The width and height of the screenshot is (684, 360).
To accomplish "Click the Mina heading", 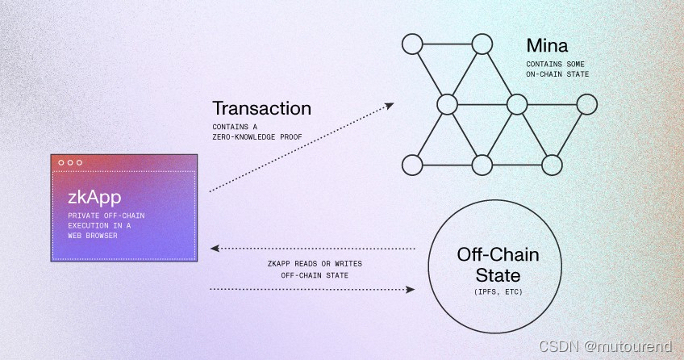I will (x=550, y=44).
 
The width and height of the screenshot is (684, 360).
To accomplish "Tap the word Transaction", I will (x=261, y=108).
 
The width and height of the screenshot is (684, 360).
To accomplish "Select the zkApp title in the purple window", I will (x=90, y=198).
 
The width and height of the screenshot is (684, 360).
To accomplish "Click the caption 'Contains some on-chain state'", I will (x=557, y=69).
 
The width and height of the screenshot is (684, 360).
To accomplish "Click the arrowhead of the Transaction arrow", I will (x=390, y=105).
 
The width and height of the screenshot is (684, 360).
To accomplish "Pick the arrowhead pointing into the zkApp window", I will (x=214, y=249).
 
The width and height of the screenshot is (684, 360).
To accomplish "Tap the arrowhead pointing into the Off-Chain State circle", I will (x=411, y=289).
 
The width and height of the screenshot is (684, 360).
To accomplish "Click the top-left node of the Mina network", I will (x=413, y=44).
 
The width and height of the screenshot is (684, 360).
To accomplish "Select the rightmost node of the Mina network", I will (x=587, y=104).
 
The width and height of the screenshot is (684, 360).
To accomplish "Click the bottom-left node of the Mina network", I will (x=413, y=165).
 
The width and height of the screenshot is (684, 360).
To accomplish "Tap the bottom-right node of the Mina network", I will (x=552, y=165).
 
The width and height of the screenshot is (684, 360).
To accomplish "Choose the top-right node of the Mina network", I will (x=482, y=44).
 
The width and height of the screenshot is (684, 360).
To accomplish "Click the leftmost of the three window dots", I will (x=60, y=162).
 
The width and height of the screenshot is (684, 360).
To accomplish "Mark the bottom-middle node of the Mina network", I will (x=482, y=165).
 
